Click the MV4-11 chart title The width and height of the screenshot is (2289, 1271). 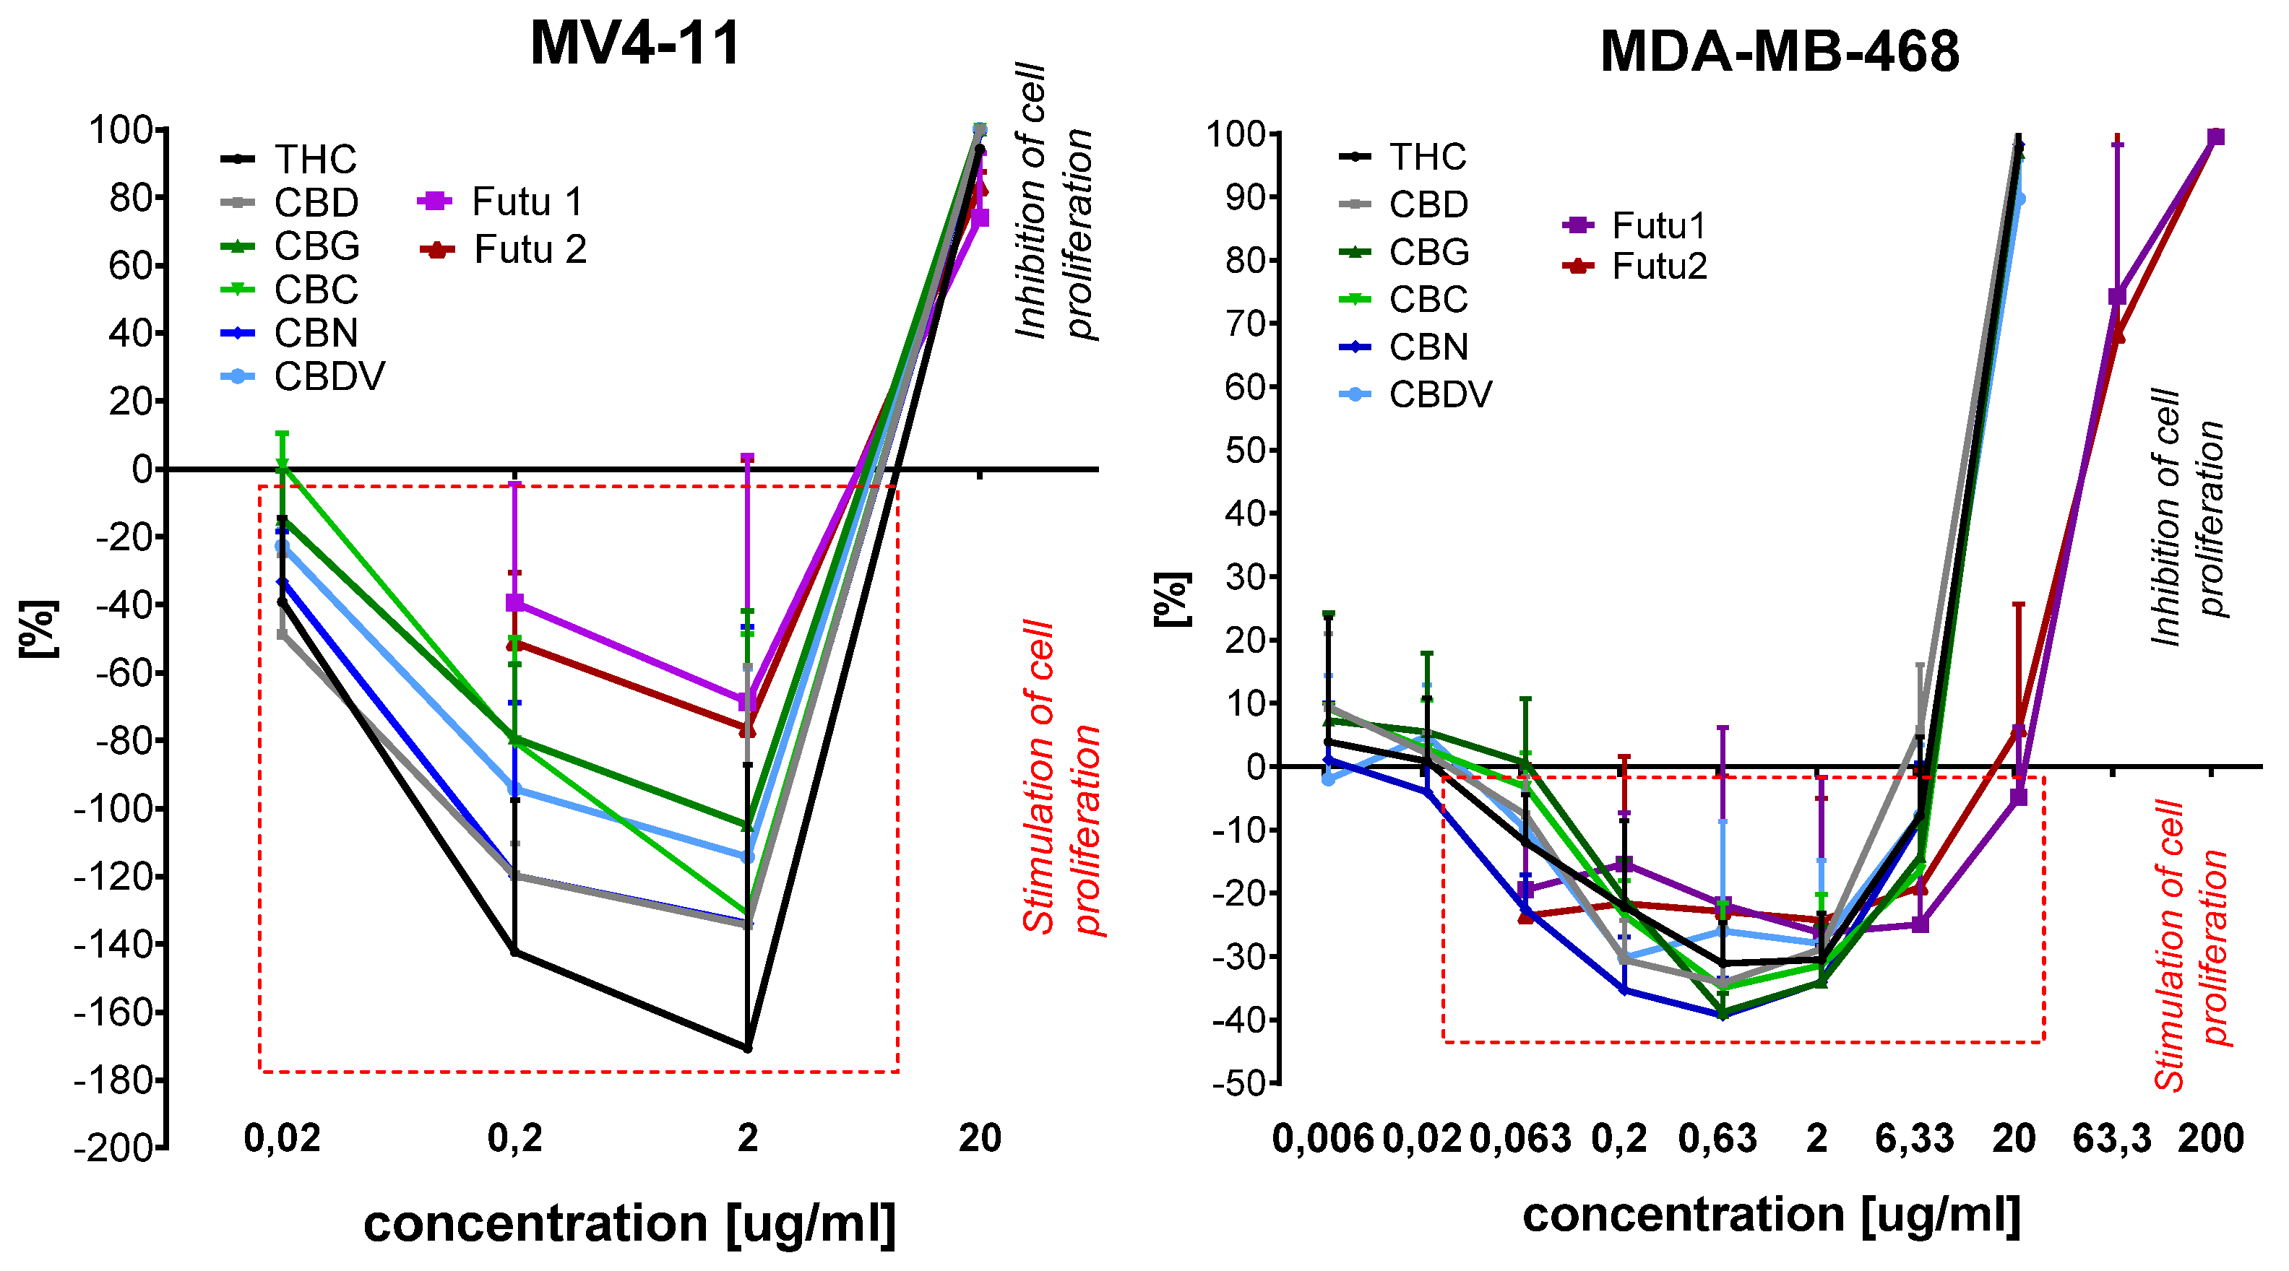click(x=634, y=43)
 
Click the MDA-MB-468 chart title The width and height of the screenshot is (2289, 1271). click(x=1779, y=51)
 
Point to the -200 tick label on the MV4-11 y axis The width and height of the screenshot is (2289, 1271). click(x=113, y=1148)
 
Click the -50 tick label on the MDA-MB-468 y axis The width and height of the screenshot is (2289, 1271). click(x=1237, y=1083)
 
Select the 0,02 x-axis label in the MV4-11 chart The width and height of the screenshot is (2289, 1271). click(x=282, y=1138)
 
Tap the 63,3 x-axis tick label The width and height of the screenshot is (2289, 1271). click(x=2111, y=1138)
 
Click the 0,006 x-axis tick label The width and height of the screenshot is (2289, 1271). click(x=1323, y=1138)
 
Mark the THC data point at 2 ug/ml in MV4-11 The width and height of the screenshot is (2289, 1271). click(x=747, y=1048)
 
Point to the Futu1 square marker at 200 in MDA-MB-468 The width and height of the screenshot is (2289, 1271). click(x=2215, y=136)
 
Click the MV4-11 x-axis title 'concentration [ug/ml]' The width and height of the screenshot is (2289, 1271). click(x=629, y=1223)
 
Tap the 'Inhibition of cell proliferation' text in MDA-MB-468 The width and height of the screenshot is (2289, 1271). click(x=2186, y=515)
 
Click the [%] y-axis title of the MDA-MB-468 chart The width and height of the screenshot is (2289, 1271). click(x=1172, y=599)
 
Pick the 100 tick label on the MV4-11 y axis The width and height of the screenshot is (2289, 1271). click(x=121, y=131)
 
